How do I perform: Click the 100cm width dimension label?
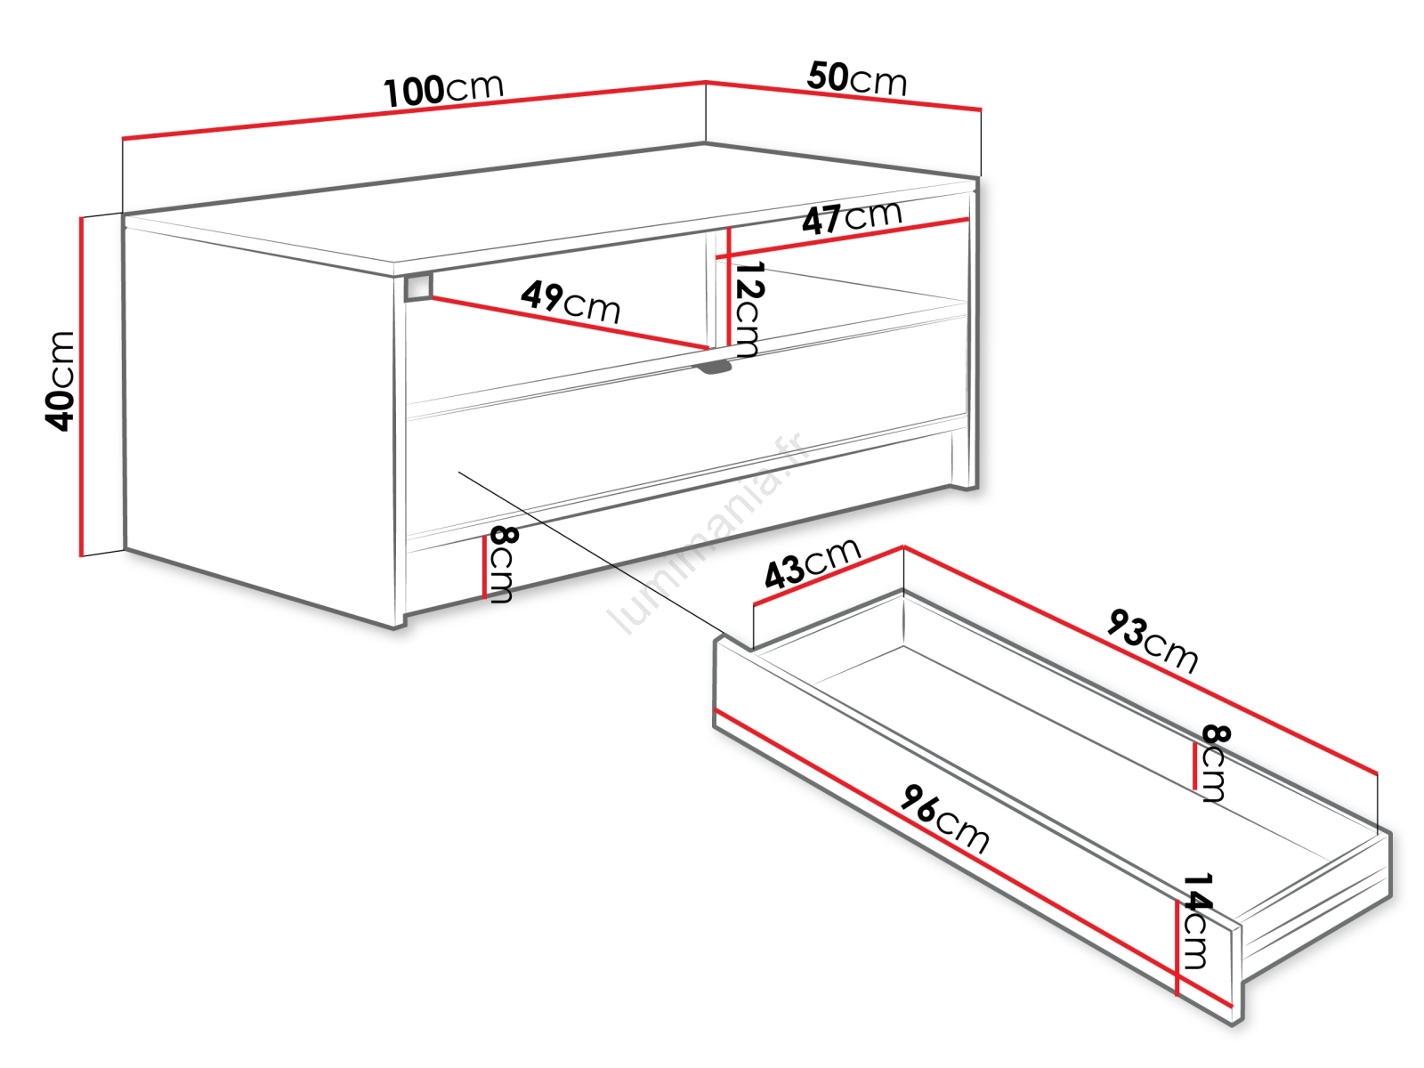click(x=444, y=90)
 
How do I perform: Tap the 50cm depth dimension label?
click(x=856, y=79)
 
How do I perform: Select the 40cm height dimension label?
click(x=60, y=381)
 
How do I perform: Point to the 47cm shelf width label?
click(x=852, y=216)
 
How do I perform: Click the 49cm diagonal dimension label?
click(x=570, y=303)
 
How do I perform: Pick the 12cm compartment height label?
click(x=748, y=310)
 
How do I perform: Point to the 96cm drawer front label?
click(x=944, y=818)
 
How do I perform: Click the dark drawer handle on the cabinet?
click(x=715, y=368)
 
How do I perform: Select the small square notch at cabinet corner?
click(x=417, y=287)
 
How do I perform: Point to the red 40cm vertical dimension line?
click(x=82, y=386)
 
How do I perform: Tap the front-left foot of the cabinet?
click(x=400, y=622)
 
